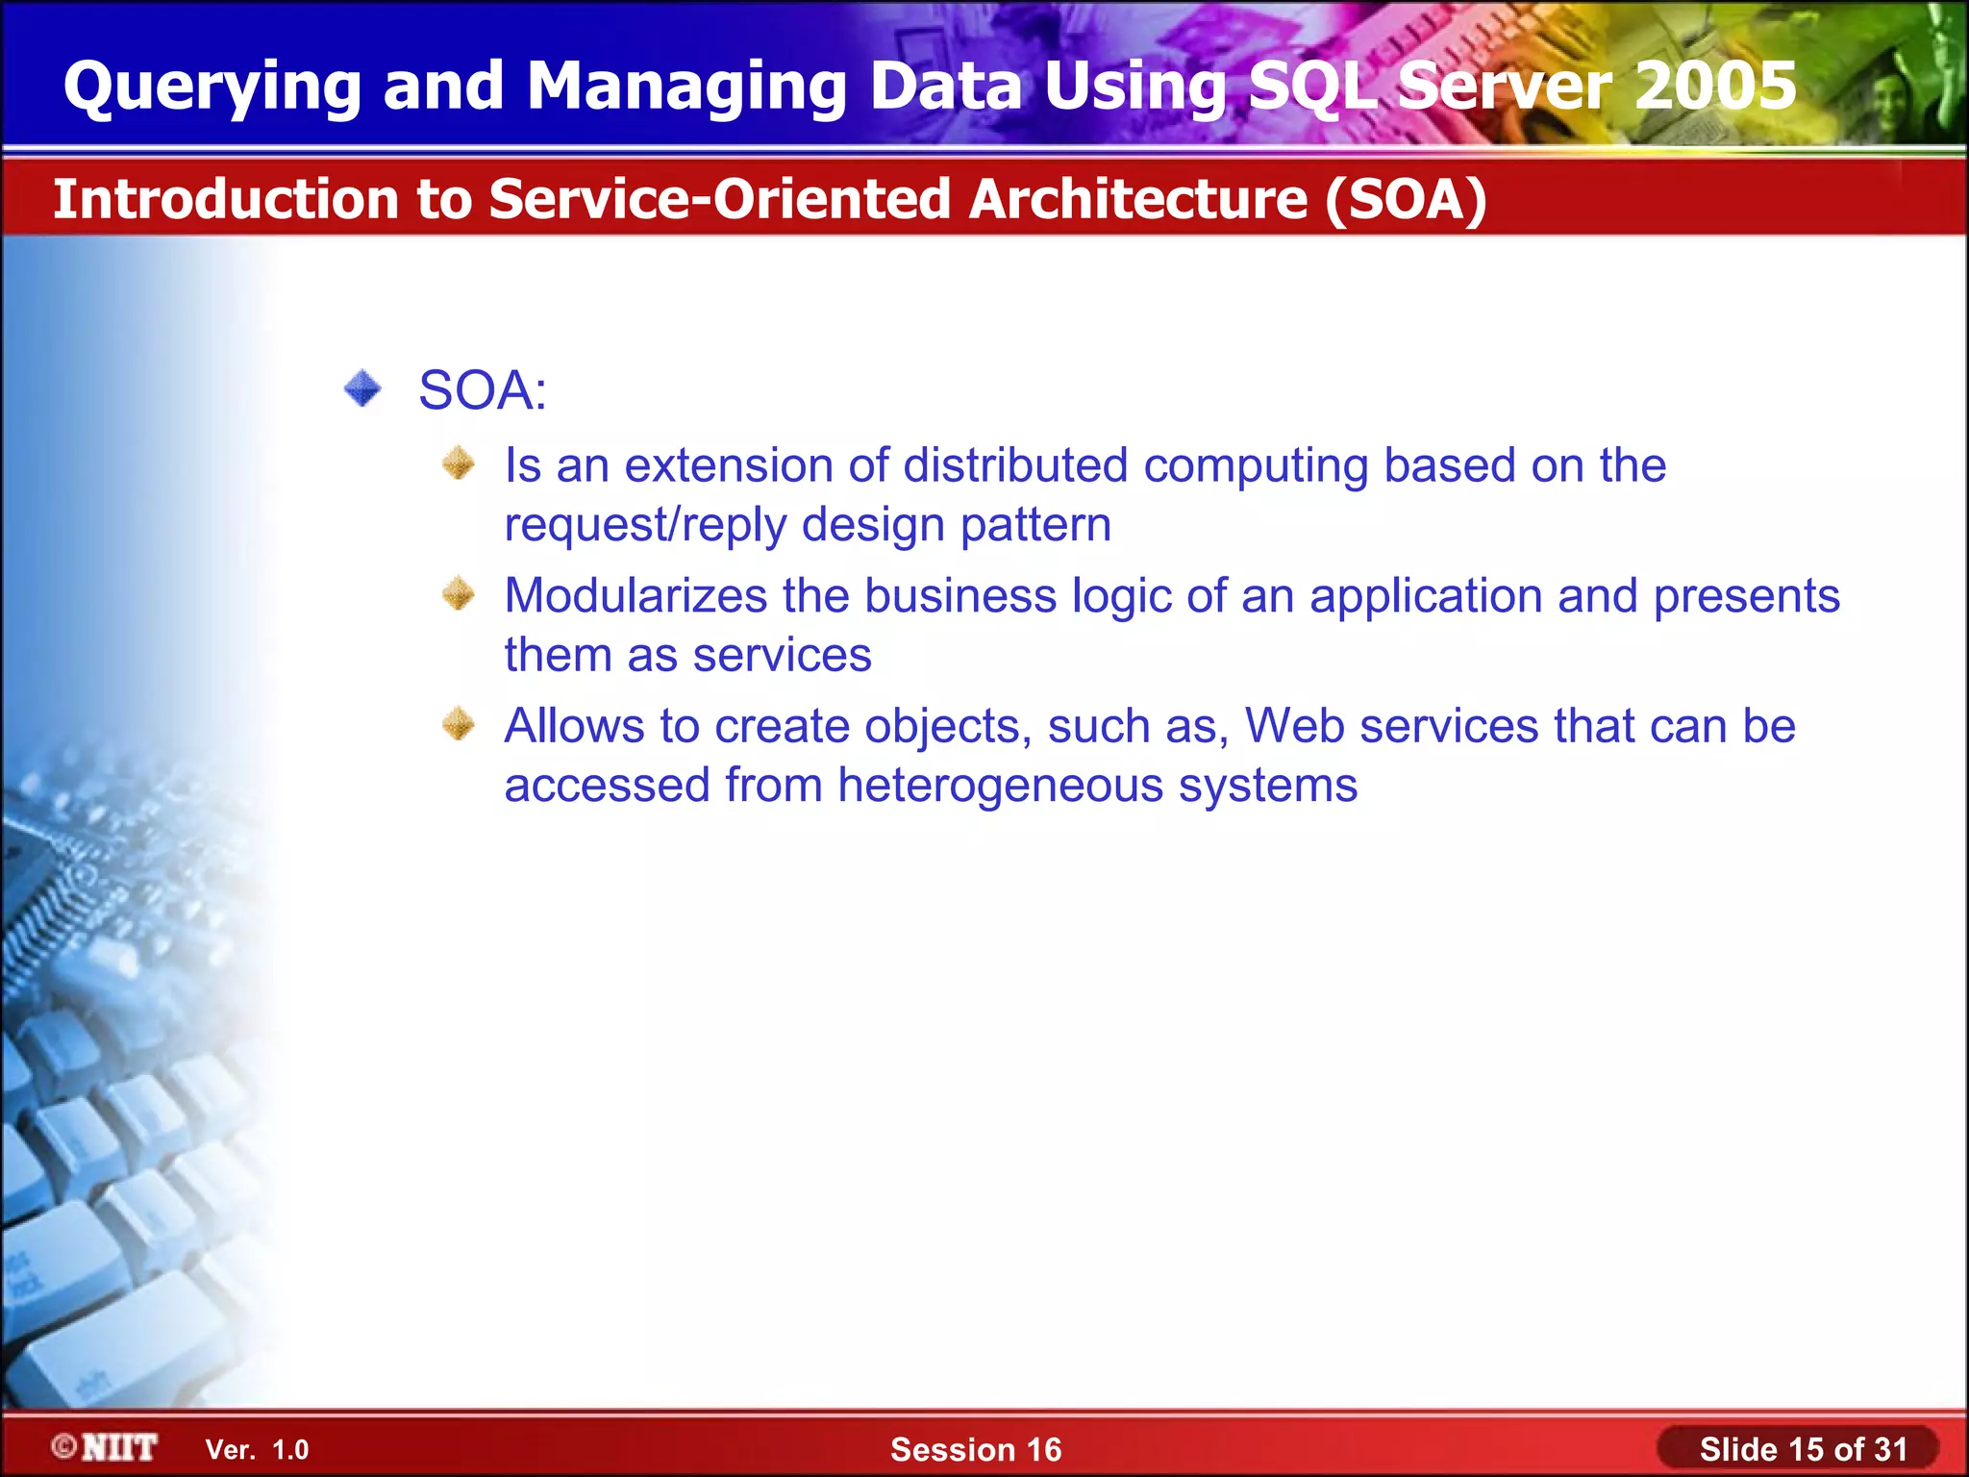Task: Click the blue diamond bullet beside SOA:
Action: click(362, 389)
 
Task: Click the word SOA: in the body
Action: click(483, 390)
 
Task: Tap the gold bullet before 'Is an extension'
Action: click(459, 463)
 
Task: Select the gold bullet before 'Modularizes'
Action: click(459, 593)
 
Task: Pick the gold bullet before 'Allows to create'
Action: click(459, 723)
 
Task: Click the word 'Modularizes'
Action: click(636, 595)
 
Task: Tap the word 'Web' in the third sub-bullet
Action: click(1295, 725)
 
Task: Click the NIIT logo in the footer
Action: click(106, 1447)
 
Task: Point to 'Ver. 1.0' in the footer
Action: click(257, 1450)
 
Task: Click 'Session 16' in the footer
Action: click(976, 1449)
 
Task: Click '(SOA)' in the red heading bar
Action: click(1406, 199)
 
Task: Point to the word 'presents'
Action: click(1746, 595)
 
